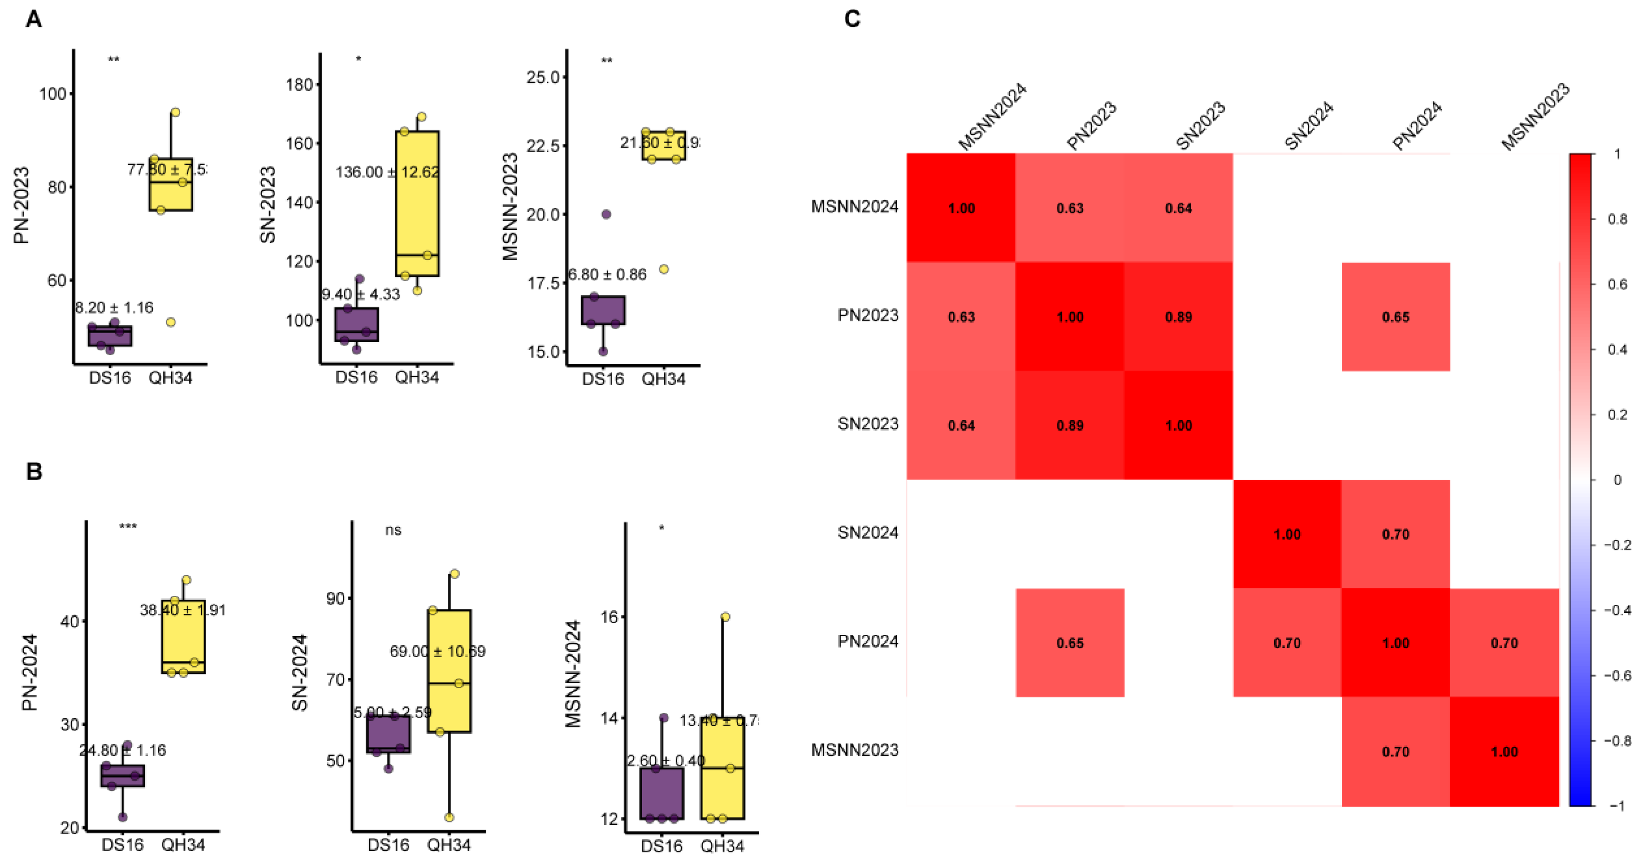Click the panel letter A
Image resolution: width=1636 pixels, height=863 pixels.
(34, 20)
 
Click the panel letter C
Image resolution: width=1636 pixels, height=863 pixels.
(852, 19)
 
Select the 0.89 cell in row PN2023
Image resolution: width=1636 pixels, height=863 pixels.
(1178, 317)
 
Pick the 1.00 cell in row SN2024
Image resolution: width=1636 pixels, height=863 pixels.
(1287, 534)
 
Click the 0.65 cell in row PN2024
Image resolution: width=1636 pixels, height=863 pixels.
(1069, 643)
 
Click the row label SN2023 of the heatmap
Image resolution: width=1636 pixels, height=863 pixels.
(867, 424)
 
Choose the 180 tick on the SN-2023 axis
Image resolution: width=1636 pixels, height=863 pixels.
(300, 85)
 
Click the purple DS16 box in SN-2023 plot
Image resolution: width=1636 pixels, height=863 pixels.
(357, 324)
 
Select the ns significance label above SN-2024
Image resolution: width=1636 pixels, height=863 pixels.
(393, 530)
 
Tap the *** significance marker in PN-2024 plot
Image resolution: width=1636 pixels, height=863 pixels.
(128, 526)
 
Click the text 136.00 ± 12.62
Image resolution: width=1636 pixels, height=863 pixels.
(387, 172)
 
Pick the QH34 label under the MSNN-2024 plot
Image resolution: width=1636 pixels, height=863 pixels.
(722, 846)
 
